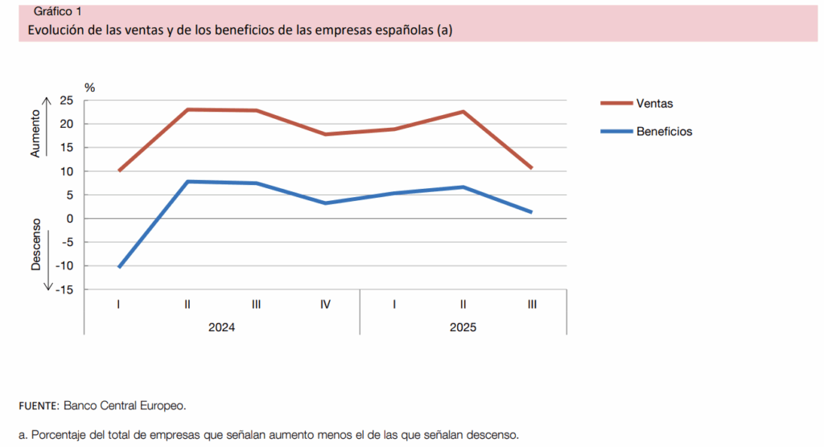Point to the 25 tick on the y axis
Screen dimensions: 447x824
click(66, 100)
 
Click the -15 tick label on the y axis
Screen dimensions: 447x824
click(64, 289)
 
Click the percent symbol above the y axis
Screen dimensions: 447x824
click(89, 87)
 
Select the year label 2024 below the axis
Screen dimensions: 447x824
click(222, 327)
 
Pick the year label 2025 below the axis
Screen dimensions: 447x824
click(463, 327)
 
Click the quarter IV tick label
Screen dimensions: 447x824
click(325, 305)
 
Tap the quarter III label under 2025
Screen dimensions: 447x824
click(532, 305)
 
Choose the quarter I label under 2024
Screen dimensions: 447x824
click(118, 305)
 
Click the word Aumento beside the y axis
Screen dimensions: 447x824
click(35, 134)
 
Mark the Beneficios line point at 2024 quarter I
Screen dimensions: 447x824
click(119, 267)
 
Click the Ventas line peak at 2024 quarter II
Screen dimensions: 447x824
click(187, 109)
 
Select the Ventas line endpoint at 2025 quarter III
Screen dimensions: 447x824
click(532, 168)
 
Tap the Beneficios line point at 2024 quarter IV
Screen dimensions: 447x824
click(325, 203)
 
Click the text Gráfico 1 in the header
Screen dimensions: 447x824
click(57, 11)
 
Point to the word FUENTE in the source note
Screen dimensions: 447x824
click(38, 405)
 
